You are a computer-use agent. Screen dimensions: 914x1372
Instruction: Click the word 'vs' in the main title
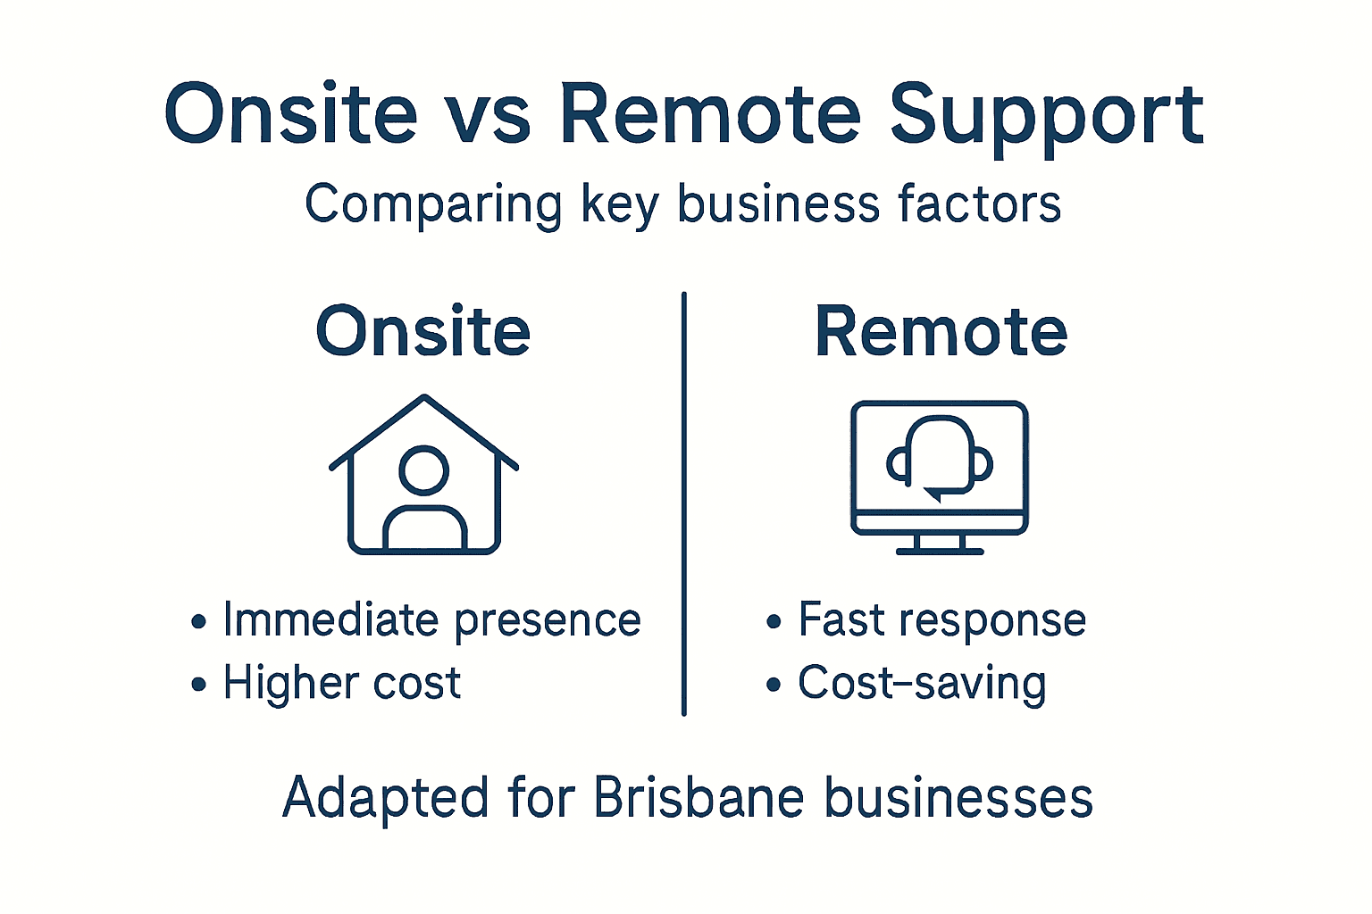tap(487, 116)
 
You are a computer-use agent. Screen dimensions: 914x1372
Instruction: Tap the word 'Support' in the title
tap(1047, 116)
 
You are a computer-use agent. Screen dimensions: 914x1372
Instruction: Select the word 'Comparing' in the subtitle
tap(433, 205)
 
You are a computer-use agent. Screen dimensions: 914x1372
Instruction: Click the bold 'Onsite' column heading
tap(423, 332)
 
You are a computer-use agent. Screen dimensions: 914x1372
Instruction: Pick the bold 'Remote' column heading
tap(941, 332)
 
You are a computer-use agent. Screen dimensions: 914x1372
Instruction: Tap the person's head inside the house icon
tap(423, 470)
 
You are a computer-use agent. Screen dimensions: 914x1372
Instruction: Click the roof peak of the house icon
tap(424, 399)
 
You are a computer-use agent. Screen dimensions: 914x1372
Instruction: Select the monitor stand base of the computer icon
tap(940, 551)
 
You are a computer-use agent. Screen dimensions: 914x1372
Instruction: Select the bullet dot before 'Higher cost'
tap(198, 685)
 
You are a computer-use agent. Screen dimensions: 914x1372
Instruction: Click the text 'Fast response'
tap(941, 620)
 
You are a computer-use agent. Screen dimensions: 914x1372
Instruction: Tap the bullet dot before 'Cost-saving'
tap(774, 685)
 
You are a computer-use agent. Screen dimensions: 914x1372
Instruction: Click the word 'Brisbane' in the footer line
tap(699, 797)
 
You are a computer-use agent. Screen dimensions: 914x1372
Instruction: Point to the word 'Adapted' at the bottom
tap(385, 797)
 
